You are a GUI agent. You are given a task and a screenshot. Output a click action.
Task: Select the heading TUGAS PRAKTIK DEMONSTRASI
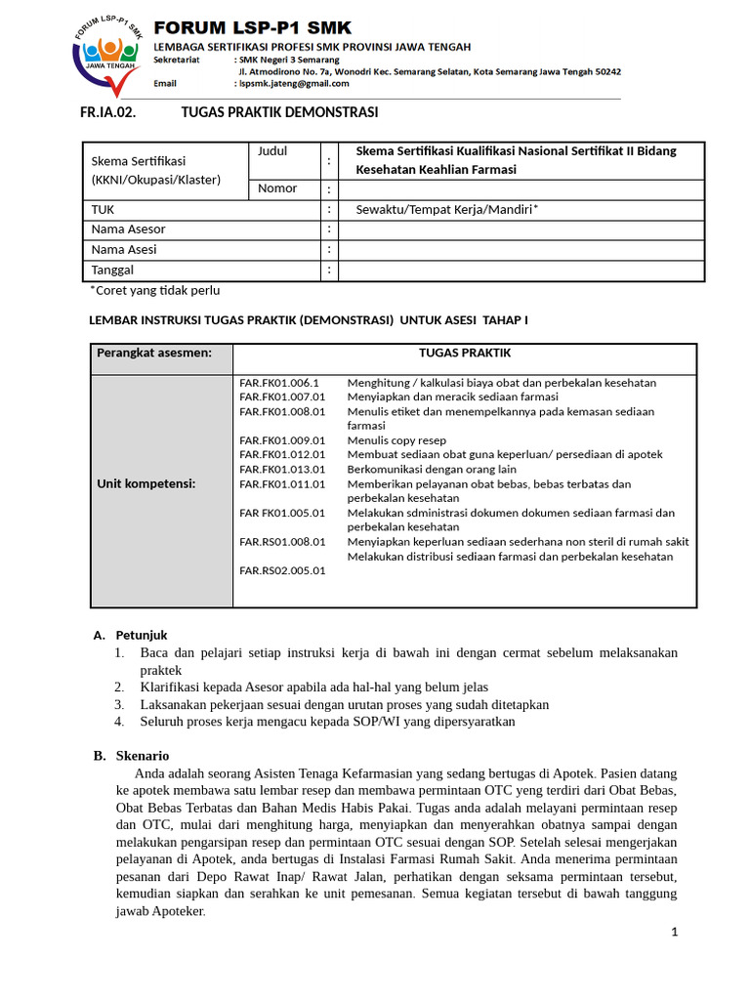point(279,112)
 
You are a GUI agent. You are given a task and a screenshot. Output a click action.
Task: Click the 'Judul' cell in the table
point(272,151)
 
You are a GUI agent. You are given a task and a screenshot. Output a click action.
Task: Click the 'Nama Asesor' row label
point(128,229)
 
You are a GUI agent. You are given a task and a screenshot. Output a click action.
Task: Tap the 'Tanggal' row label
point(112,270)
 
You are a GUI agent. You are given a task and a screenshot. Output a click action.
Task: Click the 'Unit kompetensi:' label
point(146,483)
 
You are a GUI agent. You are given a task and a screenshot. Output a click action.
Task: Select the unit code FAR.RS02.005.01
point(282,570)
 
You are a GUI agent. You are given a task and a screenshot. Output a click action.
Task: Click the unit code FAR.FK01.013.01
point(282,469)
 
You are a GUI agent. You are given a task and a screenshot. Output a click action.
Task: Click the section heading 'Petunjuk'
point(143,635)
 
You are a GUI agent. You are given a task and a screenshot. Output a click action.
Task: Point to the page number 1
point(674,932)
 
